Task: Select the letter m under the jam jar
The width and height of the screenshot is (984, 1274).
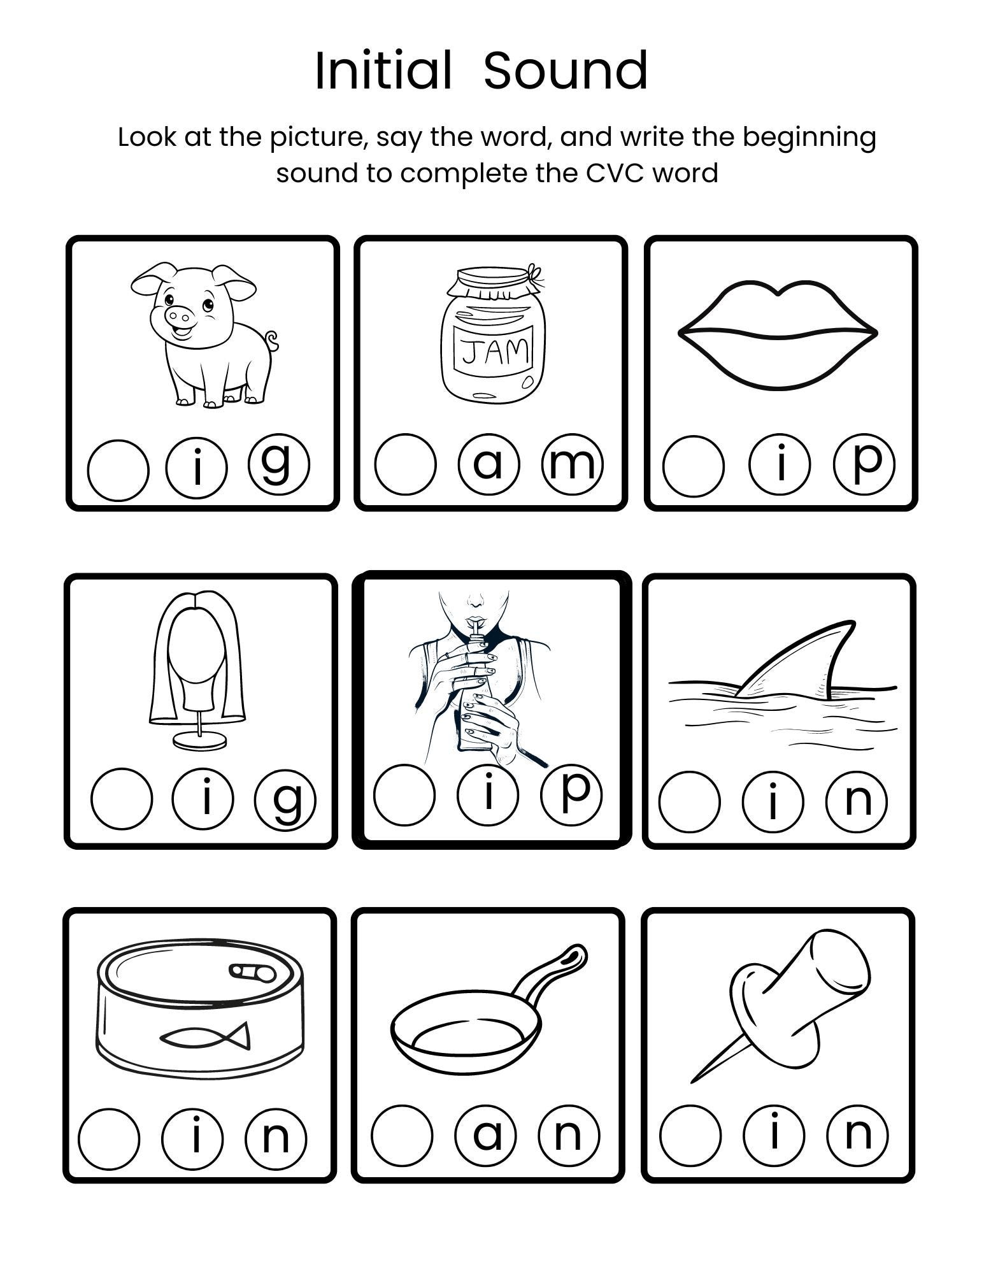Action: (571, 464)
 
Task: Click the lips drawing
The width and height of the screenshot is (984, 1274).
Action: (778, 334)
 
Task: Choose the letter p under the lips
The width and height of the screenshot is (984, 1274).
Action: (864, 464)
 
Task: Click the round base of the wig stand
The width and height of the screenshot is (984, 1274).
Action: (200, 740)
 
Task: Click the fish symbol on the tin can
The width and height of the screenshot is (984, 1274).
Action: (205, 1037)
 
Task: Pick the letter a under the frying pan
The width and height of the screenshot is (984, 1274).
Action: (487, 1134)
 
